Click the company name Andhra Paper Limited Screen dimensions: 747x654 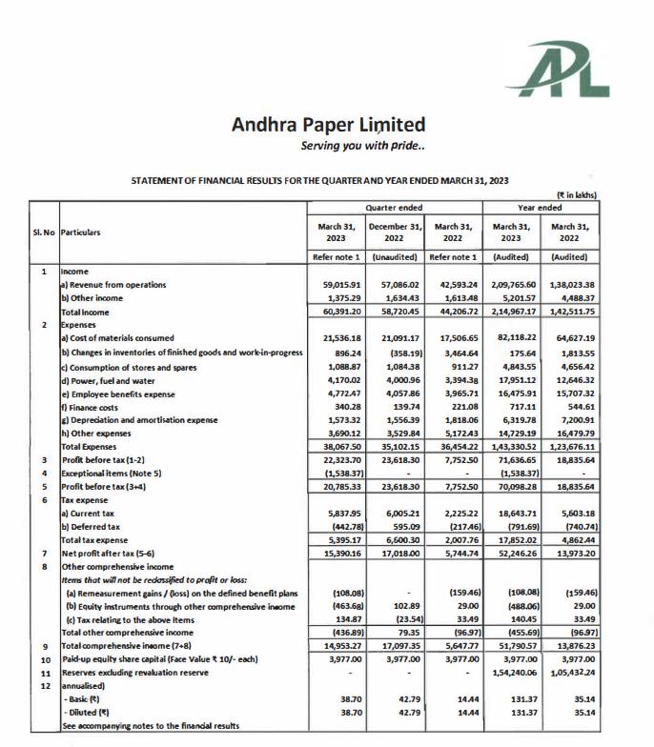click(x=328, y=125)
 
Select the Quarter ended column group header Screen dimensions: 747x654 click(x=395, y=207)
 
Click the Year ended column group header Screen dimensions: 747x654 click(x=540, y=207)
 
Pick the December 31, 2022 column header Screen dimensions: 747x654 click(x=395, y=232)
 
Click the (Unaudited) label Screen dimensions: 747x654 click(x=395, y=257)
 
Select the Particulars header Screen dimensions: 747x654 click(x=81, y=232)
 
